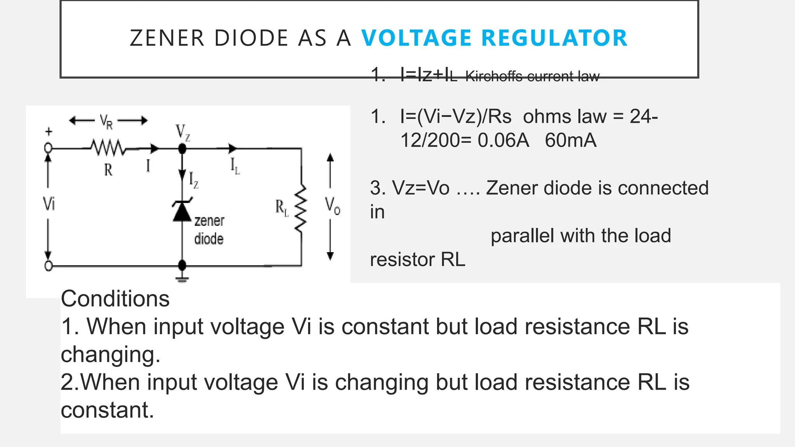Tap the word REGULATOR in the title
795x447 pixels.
pos(554,38)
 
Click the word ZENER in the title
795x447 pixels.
pos(167,38)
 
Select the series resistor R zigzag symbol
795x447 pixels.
pos(108,148)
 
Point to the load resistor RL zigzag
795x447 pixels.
pos(301,209)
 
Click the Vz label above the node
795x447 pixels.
pos(183,132)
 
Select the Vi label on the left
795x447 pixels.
pos(49,203)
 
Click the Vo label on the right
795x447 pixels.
pos(332,205)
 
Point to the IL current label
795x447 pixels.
pos(235,166)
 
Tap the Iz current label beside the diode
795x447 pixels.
pos(193,180)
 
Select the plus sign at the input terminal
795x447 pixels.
pos(49,132)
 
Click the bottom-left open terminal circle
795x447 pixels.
pos(49,266)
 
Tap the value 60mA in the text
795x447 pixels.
pos(570,140)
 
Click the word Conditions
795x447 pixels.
pos(115,299)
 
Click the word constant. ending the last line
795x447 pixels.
pos(107,410)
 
